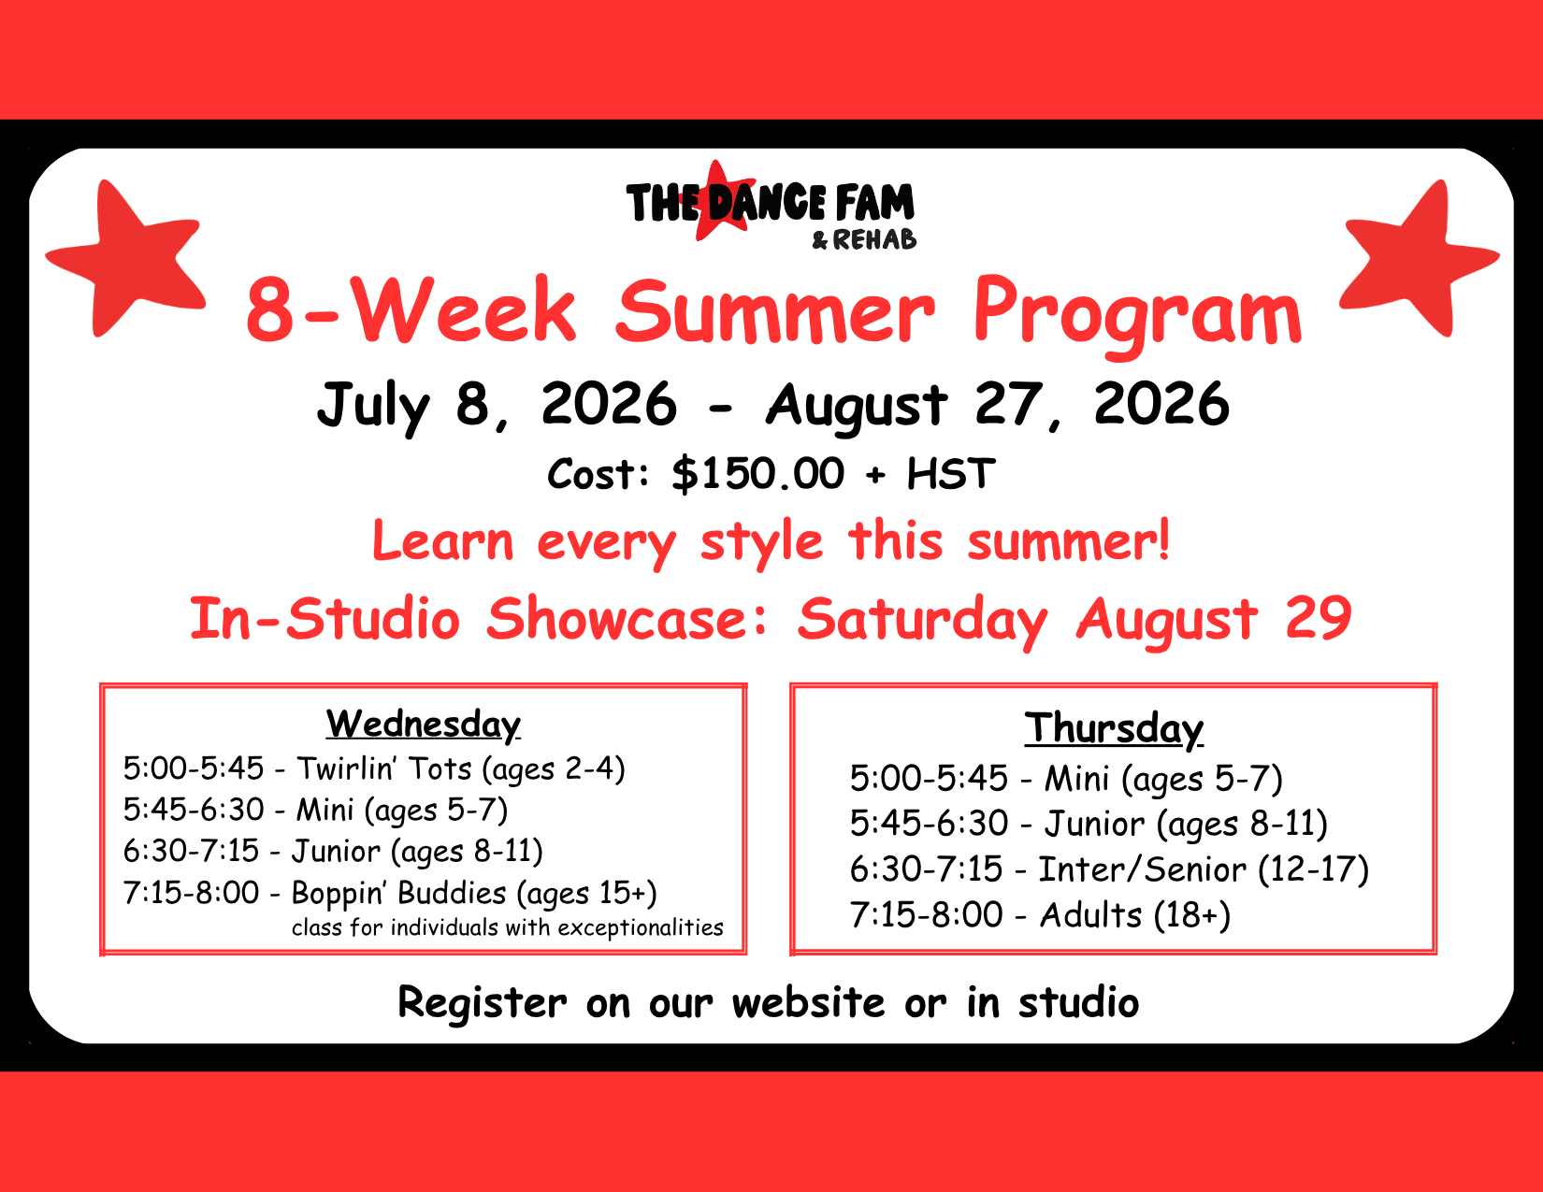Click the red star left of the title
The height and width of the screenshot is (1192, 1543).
128,258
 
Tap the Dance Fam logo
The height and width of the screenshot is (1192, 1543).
771,206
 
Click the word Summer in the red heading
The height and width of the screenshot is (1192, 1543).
775,311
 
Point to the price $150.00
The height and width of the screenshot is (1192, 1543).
758,474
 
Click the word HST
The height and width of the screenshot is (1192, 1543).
951,474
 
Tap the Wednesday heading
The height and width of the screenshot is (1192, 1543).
424,725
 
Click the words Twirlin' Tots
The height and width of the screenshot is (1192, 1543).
384,768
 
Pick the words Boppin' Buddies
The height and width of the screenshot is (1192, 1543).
399,893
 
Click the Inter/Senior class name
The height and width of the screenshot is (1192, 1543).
1142,869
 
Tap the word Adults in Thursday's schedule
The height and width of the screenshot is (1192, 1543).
1090,915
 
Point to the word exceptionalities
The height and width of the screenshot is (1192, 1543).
641,928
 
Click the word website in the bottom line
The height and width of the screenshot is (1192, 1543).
809,1002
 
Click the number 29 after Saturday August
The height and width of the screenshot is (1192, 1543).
1319,618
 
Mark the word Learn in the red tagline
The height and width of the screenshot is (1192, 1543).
442,541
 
